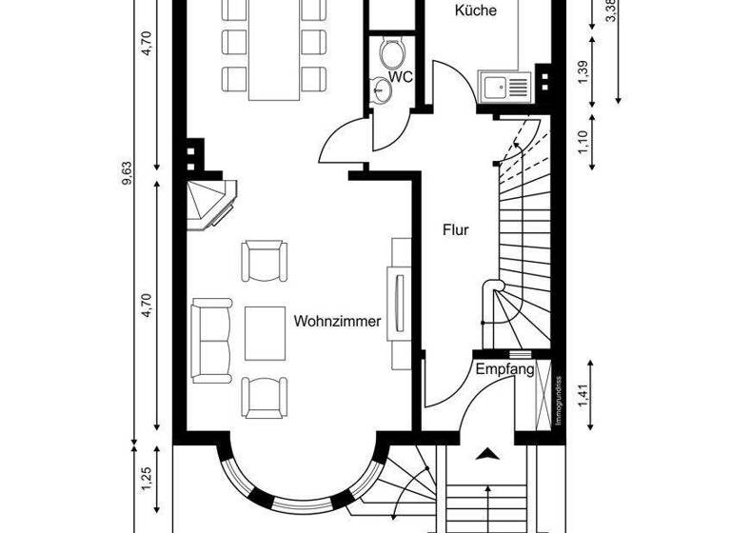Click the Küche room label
click(x=476, y=11)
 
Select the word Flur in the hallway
click(x=456, y=229)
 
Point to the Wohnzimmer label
click(x=338, y=322)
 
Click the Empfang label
click(x=504, y=369)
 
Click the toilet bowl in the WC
click(x=391, y=49)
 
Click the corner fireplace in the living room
click(x=210, y=202)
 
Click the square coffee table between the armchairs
click(x=264, y=332)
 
